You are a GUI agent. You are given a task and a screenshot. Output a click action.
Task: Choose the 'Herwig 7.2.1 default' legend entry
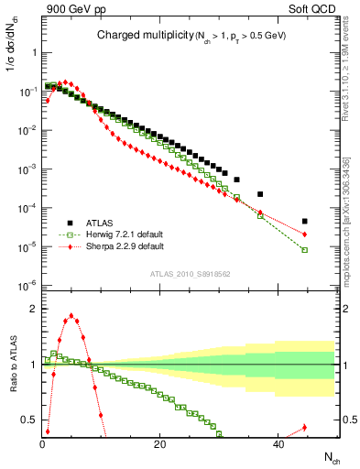(x=125, y=234)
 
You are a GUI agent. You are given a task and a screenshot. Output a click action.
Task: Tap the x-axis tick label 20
(x=159, y=444)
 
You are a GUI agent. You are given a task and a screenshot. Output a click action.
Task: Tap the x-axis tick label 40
(x=277, y=444)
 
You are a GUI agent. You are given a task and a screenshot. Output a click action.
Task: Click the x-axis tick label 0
(x=42, y=444)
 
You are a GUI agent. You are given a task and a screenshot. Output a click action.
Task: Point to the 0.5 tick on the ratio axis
(x=30, y=420)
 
